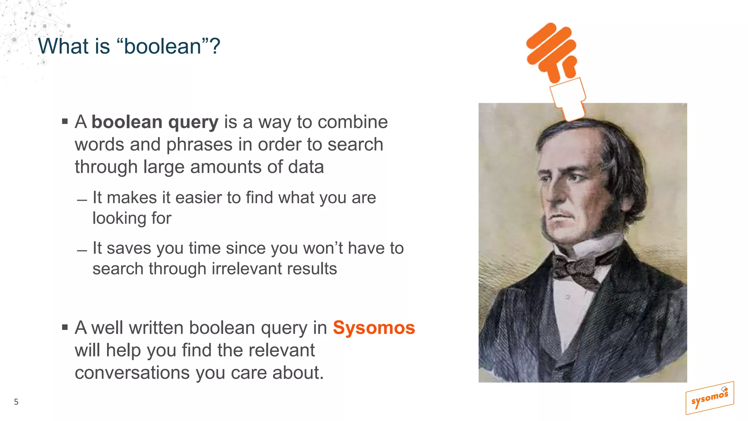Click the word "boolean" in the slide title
(x=163, y=46)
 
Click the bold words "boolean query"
(x=155, y=122)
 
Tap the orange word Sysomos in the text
(x=374, y=327)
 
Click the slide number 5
(x=16, y=402)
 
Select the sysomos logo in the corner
(x=709, y=398)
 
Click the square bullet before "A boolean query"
(x=65, y=122)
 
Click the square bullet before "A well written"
(x=65, y=327)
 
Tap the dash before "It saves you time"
(x=82, y=251)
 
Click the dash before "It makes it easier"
(x=82, y=200)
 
